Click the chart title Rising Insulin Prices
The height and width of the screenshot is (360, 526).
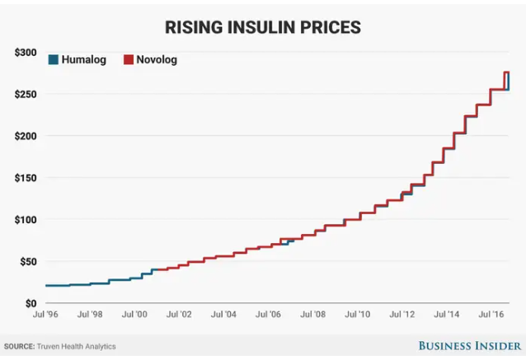(x=262, y=26)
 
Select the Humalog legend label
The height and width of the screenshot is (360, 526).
(x=84, y=59)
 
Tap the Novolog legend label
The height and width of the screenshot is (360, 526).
(x=157, y=59)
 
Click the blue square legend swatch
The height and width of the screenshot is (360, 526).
(x=54, y=59)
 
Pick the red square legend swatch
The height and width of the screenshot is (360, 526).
(x=129, y=59)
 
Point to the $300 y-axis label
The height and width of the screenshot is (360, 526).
(x=26, y=52)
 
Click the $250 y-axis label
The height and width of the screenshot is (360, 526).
(x=26, y=94)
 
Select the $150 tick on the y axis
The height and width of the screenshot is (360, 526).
(x=26, y=178)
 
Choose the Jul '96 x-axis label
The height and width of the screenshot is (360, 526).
(x=45, y=315)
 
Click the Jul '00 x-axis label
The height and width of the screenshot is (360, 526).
(x=134, y=315)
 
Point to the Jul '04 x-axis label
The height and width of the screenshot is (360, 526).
(x=223, y=315)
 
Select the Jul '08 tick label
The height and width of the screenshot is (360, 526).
(x=312, y=315)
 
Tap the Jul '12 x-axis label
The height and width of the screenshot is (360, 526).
(x=402, y=315)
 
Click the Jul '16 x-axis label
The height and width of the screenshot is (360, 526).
(x=491, y=315)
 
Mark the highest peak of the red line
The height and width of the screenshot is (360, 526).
(x=506, y=72)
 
